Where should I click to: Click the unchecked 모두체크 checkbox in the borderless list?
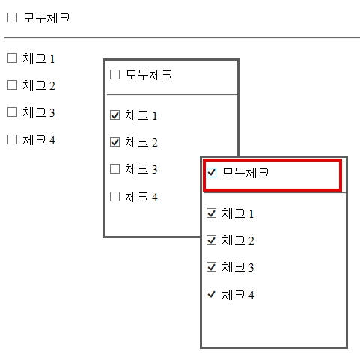coord(12,18)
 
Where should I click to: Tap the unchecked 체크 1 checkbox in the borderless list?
coord(12,58)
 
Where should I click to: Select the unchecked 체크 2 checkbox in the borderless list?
coord(12,85)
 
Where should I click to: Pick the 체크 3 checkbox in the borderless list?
coord(12,112)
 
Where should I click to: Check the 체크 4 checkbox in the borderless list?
coord(12,139)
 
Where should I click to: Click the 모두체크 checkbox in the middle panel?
coord(115,74)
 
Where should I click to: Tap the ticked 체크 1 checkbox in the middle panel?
coord(115,115)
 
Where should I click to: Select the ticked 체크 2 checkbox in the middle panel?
coord(115,142)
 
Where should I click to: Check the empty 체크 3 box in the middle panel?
coord(115,169)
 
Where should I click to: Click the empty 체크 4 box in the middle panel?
coord(115,196)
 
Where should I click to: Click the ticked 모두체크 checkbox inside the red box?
coord(212,172)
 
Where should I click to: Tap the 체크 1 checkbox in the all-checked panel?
coord(212,213)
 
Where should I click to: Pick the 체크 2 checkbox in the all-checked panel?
coord(212,240)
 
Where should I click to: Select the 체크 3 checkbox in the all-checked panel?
coord(212,267)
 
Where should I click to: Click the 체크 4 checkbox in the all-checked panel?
coord(212,294)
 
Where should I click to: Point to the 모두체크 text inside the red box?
coord(245,173)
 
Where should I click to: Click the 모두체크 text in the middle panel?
coord(149,75)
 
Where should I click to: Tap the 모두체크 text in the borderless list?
coord(46,18)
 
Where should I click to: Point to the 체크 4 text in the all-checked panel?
coord(238,295)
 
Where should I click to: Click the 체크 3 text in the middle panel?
coord(141,169)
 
